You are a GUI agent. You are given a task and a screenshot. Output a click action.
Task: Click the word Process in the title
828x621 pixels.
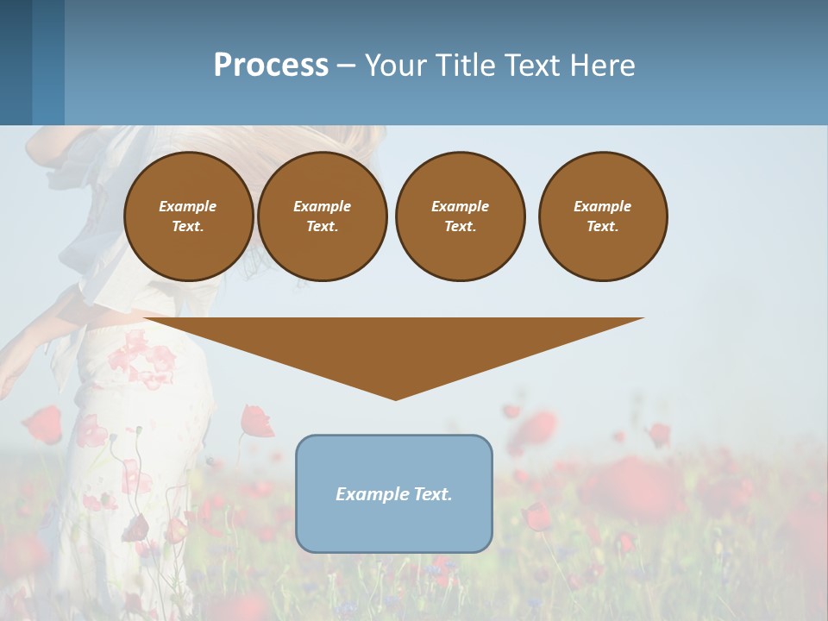[271, 66]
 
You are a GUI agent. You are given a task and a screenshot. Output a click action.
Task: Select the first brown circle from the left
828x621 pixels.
[188, 216]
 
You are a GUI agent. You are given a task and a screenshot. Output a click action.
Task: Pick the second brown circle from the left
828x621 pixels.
[322, 216]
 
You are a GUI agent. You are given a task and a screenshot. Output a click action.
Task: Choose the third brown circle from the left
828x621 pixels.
[460, 216]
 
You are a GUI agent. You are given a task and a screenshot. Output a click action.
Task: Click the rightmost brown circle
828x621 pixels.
[603, 216]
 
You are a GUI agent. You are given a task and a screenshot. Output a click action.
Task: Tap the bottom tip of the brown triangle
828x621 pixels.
[395, 398]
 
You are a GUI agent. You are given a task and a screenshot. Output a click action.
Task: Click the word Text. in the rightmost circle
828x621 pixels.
[603, 227]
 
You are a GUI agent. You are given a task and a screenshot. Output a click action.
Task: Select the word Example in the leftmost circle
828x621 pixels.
[188, 206]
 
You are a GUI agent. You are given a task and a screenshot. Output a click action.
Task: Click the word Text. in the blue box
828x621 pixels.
[431, 494]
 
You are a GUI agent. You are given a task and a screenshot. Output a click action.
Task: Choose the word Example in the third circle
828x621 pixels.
[460, 206]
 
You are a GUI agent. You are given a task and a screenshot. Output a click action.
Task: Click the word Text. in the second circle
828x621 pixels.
[322, 227]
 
